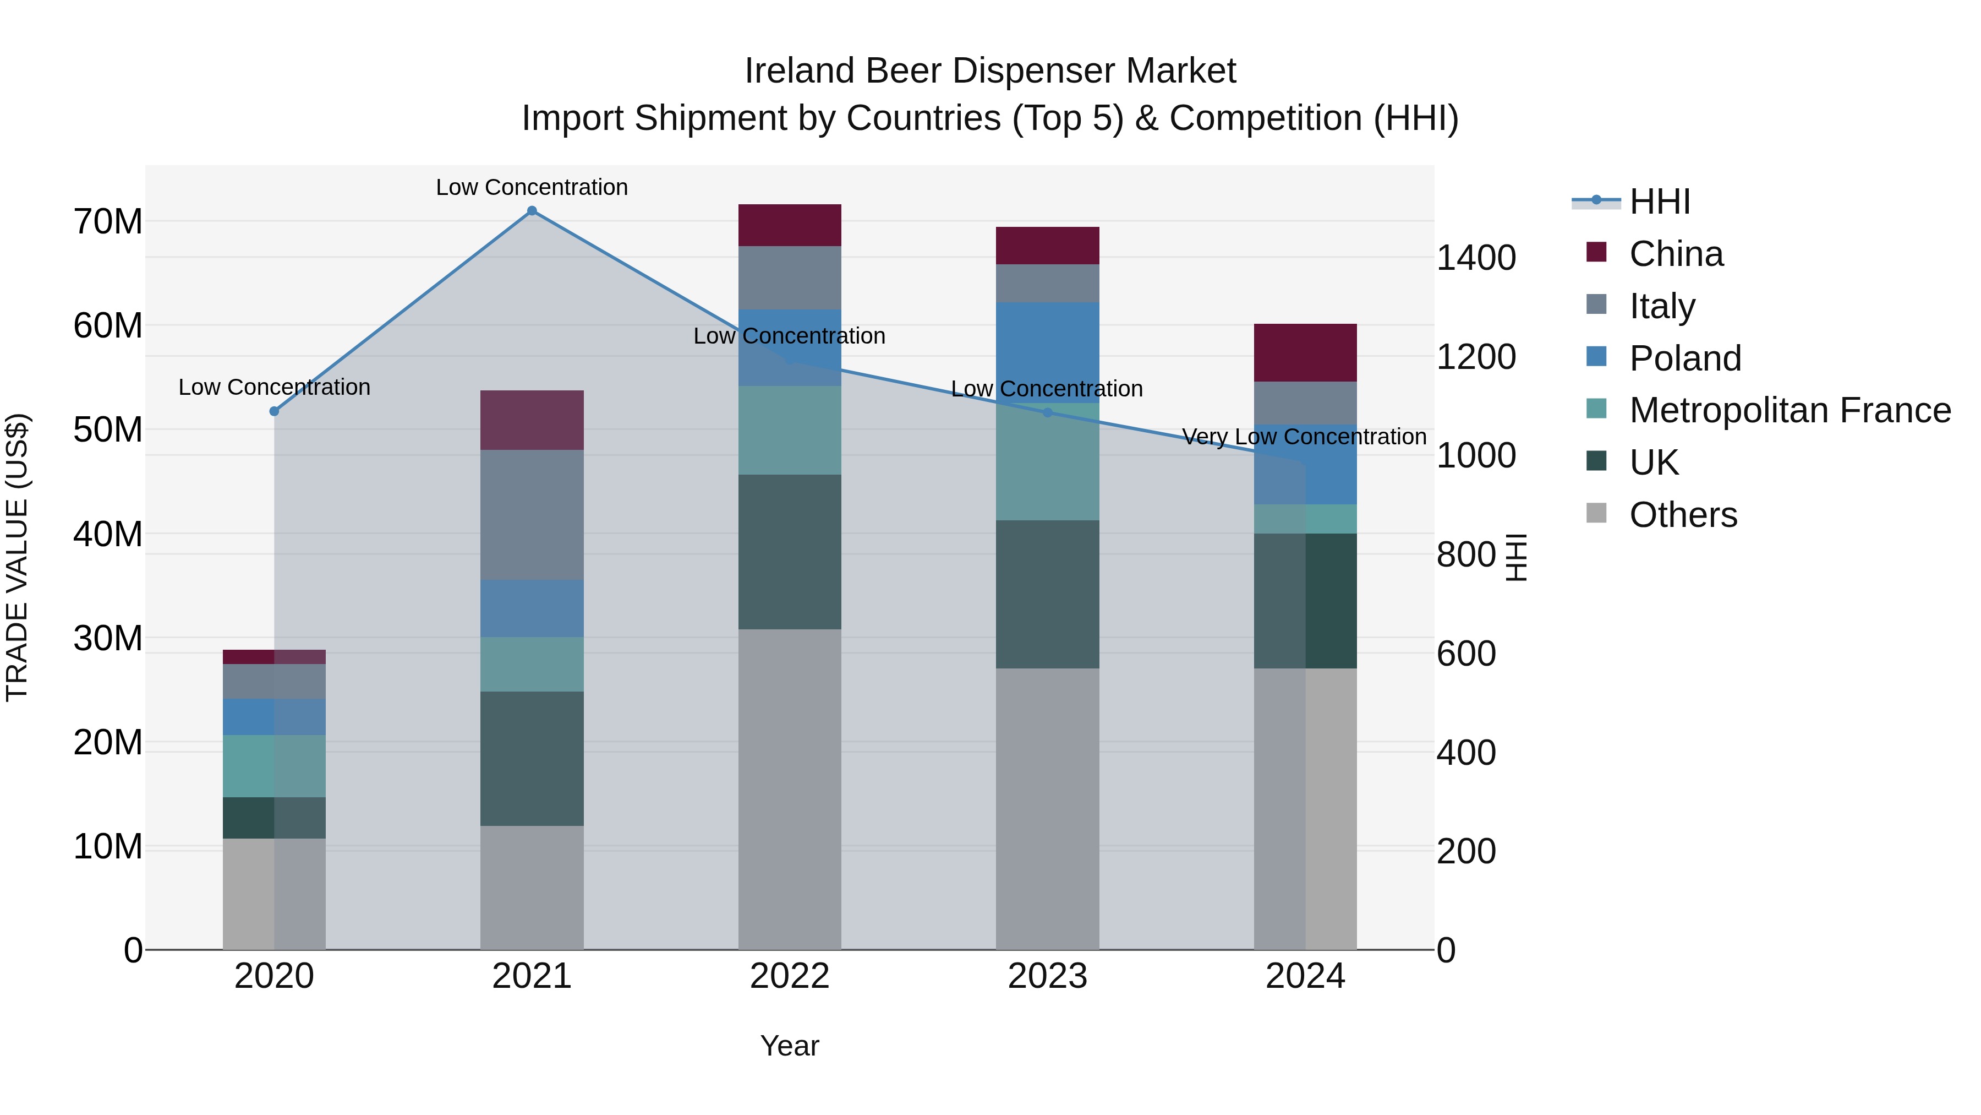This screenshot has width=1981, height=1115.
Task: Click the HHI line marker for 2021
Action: (532, 211)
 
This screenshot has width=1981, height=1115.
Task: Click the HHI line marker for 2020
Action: (274, 412)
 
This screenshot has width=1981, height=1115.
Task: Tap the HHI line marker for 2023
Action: (1047, 413)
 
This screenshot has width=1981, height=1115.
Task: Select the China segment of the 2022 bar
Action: (790, 225)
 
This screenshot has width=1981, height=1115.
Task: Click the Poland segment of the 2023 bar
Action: (1047, 352)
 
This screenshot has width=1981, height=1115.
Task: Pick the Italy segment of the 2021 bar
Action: (532, 515)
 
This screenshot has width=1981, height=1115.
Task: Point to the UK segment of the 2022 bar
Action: (790, 552)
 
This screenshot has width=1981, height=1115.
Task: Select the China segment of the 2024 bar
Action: (1305, 352)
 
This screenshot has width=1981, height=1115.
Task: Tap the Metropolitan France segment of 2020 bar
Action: (274, 766)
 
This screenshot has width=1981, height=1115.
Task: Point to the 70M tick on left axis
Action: (108, 221)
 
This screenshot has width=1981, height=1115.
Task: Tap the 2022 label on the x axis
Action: (790, 976)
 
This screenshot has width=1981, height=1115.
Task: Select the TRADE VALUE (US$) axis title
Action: (17, 557)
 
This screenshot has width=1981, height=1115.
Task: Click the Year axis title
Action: (790, 1046)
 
